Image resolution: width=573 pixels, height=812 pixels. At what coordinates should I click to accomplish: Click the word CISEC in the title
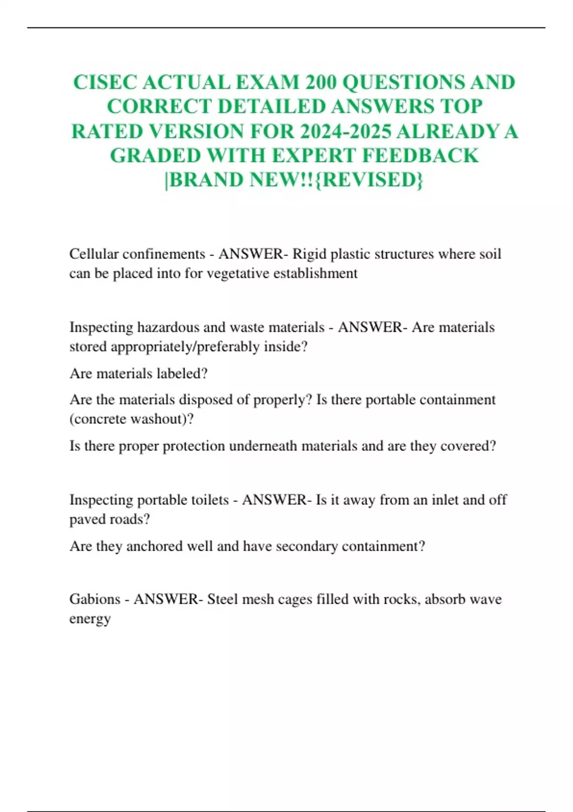pyautogui.click(x=105, y=82)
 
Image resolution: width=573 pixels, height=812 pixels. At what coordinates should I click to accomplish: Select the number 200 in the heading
pyautogui.click(x=322, y=82)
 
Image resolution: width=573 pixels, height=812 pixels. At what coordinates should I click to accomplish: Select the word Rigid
pyautogui.click(x=309, y=254)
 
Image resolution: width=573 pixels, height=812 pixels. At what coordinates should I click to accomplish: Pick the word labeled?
pyautogui.click(x=183, y=373)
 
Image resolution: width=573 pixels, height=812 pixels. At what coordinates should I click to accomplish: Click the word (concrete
pyautogui.click(x=97, y=419)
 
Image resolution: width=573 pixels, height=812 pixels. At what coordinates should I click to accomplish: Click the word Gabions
pyautogui.click(x=95, y=599)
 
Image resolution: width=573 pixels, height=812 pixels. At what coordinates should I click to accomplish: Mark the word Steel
pyautogui.click(x=223, y=599)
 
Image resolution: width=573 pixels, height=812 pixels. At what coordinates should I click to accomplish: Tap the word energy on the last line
pyautogui.click(x=90, y=619)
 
